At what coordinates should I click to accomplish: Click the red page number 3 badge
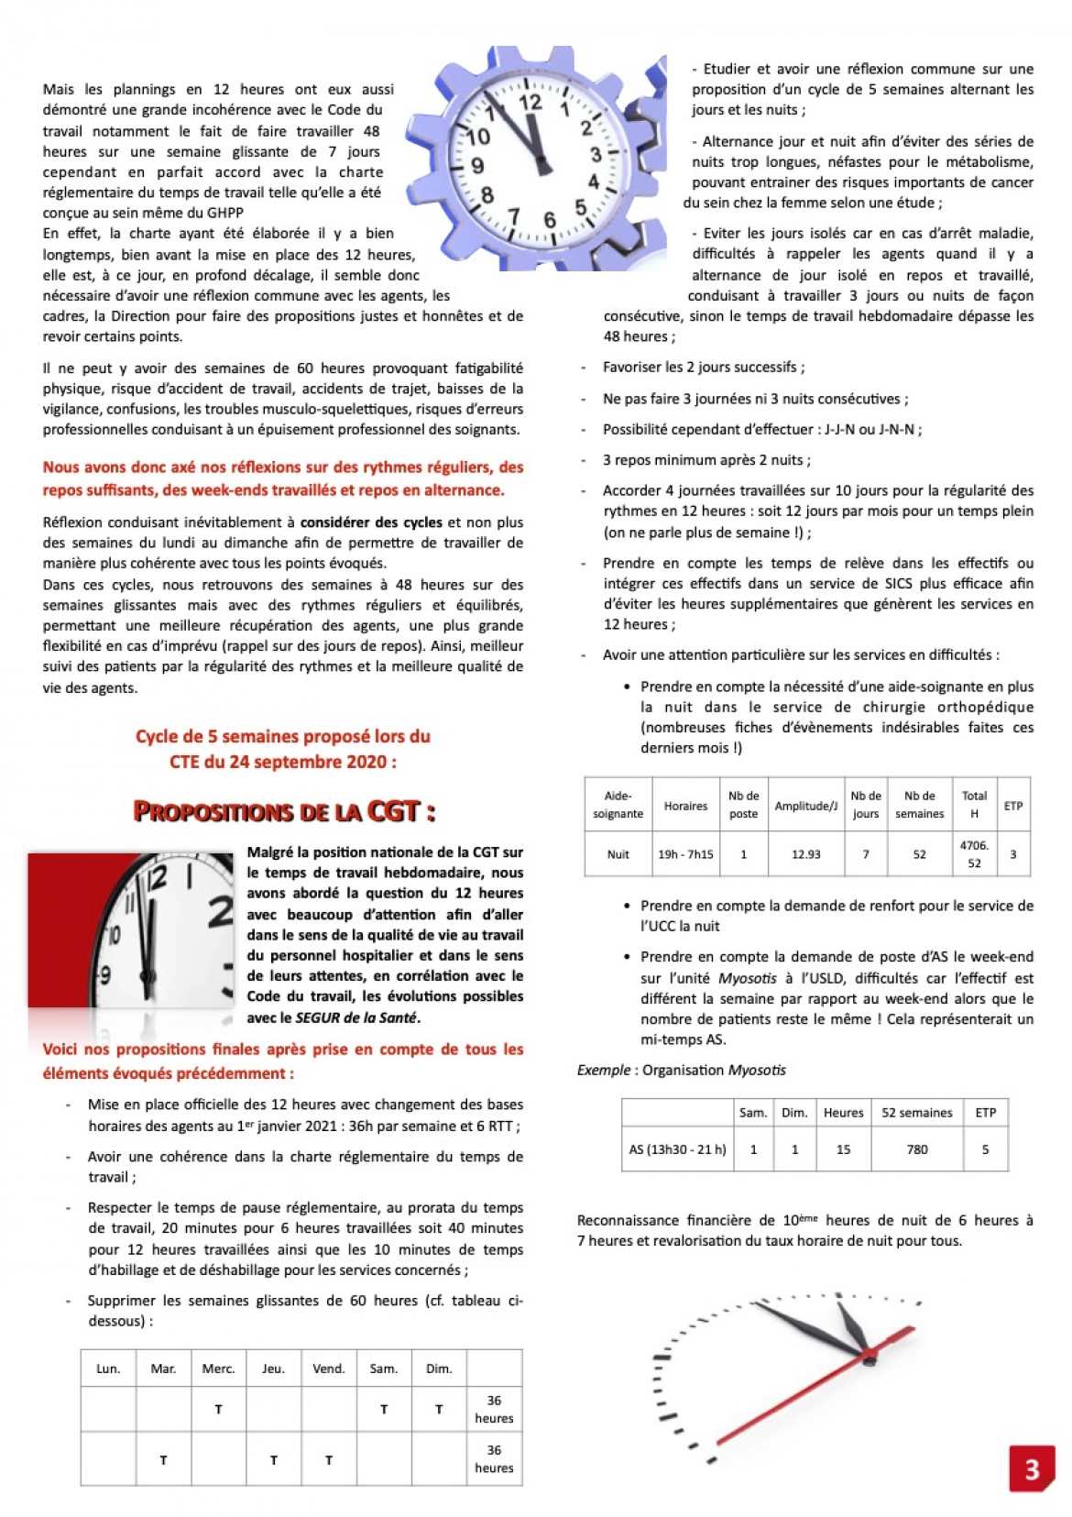tap(1031, 1468)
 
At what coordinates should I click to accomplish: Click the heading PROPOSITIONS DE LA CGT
tap(284, 811)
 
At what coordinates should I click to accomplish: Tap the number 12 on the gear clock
tap(531, 103)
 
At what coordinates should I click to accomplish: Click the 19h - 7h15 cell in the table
tap(685, 854)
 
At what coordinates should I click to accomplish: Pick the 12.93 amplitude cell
tap(805, 854)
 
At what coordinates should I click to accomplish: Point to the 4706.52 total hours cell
tap(974, 854)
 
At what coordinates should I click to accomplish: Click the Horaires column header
tap(685, 806)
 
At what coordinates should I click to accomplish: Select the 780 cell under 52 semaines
tap(916, 1149)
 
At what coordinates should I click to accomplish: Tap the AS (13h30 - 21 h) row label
tap(677, 1149)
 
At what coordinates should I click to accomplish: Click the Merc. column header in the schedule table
tap(218, 1369)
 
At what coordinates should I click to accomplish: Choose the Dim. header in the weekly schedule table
tap(439, 1369)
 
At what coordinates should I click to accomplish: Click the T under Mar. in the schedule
tap(163, 1460)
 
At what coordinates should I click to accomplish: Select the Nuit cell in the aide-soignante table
tap(618, 854)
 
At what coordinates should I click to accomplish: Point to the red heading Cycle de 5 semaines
tap(283, 736)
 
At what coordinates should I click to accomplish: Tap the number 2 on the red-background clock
tap(220, 913)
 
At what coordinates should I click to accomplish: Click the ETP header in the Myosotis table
tap(985, 1113)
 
